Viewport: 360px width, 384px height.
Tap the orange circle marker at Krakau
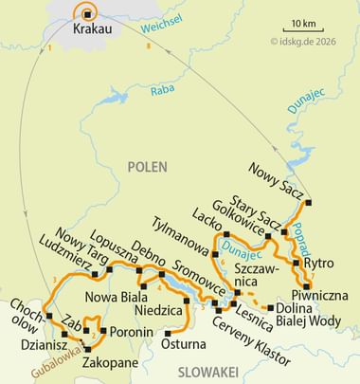tap(88, 14)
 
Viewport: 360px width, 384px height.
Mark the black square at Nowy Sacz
tap(309, 202)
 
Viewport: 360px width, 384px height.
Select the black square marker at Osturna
tap(170, 332)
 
